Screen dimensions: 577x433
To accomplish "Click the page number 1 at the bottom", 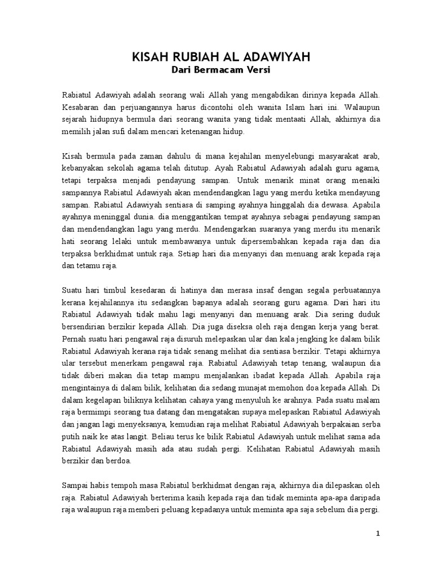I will pos(379,534).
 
